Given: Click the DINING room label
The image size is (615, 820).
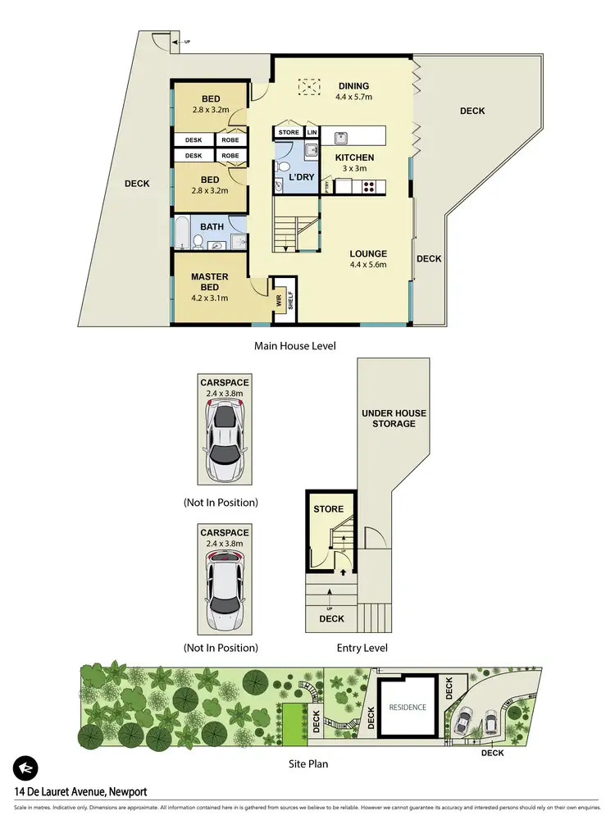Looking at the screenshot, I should [353, 86].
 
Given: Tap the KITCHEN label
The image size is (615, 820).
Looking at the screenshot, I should [354, 157].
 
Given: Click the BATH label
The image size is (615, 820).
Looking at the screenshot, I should [212, 226].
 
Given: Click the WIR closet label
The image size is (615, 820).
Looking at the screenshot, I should [280, 302].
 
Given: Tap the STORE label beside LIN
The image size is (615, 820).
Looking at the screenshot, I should [289, 132].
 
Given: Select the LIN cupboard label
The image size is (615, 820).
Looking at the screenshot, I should [312, 132].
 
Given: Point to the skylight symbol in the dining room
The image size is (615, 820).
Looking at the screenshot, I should [308, 86].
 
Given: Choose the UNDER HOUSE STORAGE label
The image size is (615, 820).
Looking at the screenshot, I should [389, 417].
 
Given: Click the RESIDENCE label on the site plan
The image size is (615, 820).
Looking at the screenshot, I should [408, 707].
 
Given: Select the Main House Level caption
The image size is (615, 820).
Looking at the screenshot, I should [296, 346].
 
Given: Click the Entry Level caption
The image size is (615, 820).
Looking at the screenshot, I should [362, 648].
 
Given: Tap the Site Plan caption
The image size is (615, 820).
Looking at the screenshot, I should [306, 763].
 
